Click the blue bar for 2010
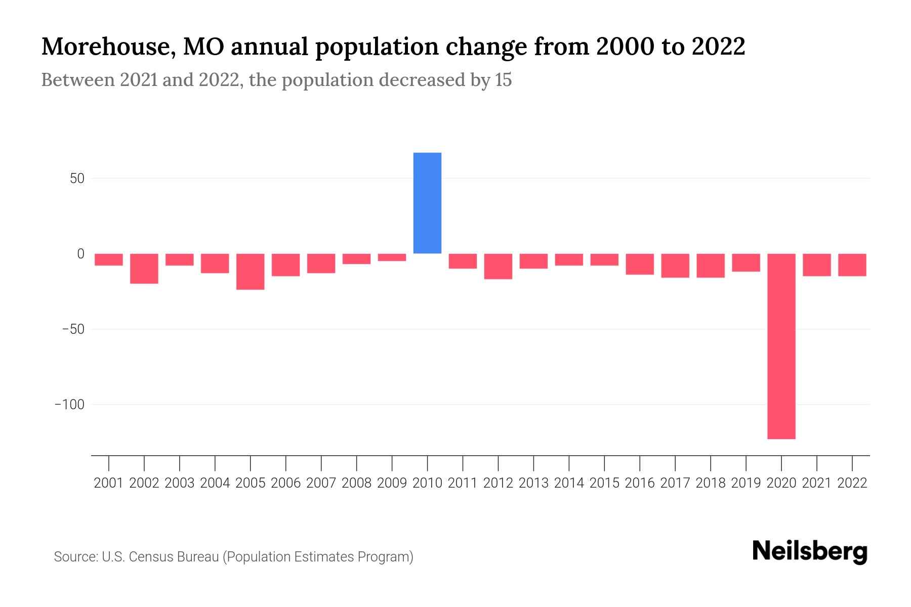click(x=427, y=203)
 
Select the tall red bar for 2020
click(x=781, y=346)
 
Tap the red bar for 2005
click(x=250, y=272)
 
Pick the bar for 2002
click(x=144, y=269)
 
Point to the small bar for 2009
click(x=392, y=257)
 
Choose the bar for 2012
click(x=498, y=266)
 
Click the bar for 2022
click(x=852, y=265)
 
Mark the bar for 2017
click(x=675, y=266)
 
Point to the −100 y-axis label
click(x=69, y=405)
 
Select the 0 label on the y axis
click(x=80, y=254)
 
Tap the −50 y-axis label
click(x=73, y=329)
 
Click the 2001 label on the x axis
click(x=109, y=483)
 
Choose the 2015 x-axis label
click(x=604, y=483)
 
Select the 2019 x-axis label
click(x=746, y=483)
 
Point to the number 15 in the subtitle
click(x=503, y=80)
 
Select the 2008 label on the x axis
click(x=356, y=483)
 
